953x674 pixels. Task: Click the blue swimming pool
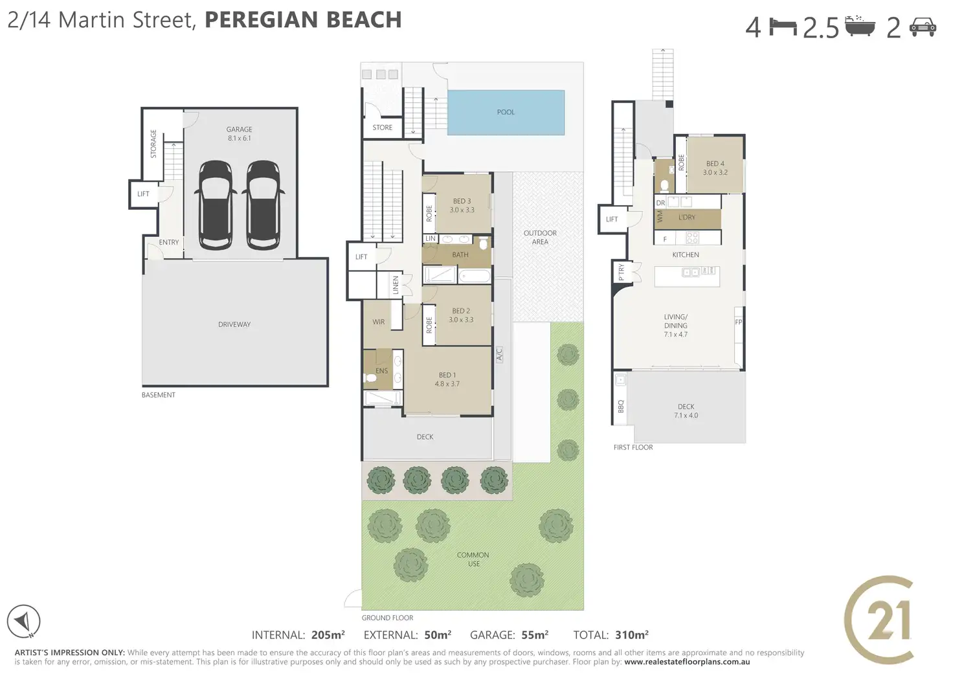coord(506,113)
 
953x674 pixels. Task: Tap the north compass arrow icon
coord(23,622)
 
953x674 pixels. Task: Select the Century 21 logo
coord(879,620)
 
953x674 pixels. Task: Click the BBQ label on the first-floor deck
coord(620,406)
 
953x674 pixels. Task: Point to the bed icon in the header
coord(783,28)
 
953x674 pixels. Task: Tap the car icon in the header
coord(923,27)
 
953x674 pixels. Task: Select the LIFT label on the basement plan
coord(143,194)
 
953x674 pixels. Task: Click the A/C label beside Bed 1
coord(499,354)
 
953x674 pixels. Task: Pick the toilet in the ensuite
coord(370,378)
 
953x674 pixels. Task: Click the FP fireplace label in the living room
coord(739,322)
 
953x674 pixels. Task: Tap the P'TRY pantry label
coord(621,273)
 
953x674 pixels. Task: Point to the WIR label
coord(378,322)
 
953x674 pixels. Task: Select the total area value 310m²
coord(631,635)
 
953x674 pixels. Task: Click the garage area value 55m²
coord(535,635)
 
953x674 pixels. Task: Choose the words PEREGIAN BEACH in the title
coord(304,20)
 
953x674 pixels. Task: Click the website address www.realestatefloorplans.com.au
coord(687,662)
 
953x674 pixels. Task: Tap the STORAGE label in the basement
coord(153,144)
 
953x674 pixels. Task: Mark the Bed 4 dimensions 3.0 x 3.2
coord(715,172)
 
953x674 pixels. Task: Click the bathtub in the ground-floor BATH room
coord(474,276)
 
